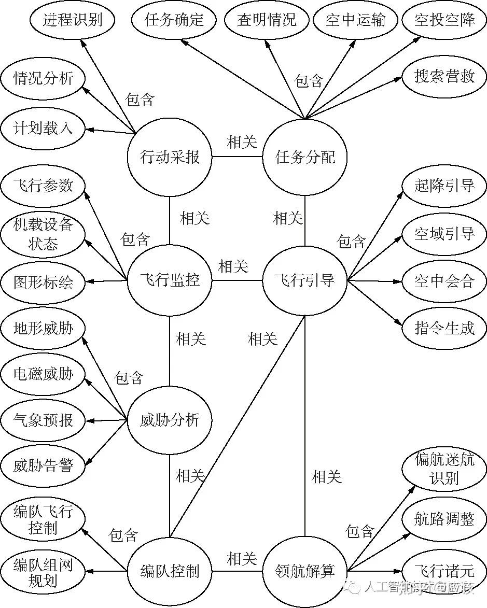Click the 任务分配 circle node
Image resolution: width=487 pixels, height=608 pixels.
pyautogui.click(x=305, y=157)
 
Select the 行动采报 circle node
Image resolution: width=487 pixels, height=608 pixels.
pyautogui.click(x=170, y=157)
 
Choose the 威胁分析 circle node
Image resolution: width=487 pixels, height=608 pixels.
pyautogui.click(x=170, y=420)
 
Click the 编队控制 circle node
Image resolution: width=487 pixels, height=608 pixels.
pyautogui.click(x=170, y=571)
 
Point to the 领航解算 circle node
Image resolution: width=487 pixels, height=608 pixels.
pyautogui.click(x=305, y=571)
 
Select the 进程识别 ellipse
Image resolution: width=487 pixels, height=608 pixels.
pyautogui.click(x=73, y=20)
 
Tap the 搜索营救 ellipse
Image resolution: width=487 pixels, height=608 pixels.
pyautogui.click(x=444, y=76)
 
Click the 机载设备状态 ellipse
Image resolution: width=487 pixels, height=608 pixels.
pyautogui.click(x=43, y=234)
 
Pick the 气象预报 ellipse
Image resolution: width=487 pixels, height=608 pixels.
pyautogui.click(x=43, y=420)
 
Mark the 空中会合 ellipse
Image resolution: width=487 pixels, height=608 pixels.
pyautogui.click(x=444, y=281)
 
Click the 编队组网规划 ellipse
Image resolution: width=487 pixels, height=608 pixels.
pyautogui.click(x=43, y=572)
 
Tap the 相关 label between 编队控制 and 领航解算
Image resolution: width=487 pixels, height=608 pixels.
pyautogui.click(x=242, y=559)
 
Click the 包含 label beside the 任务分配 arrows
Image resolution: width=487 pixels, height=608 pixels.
pyautogui.click(x=309, y=81)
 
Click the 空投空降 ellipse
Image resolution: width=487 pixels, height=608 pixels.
pyautogui.click(x=444, y=20)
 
